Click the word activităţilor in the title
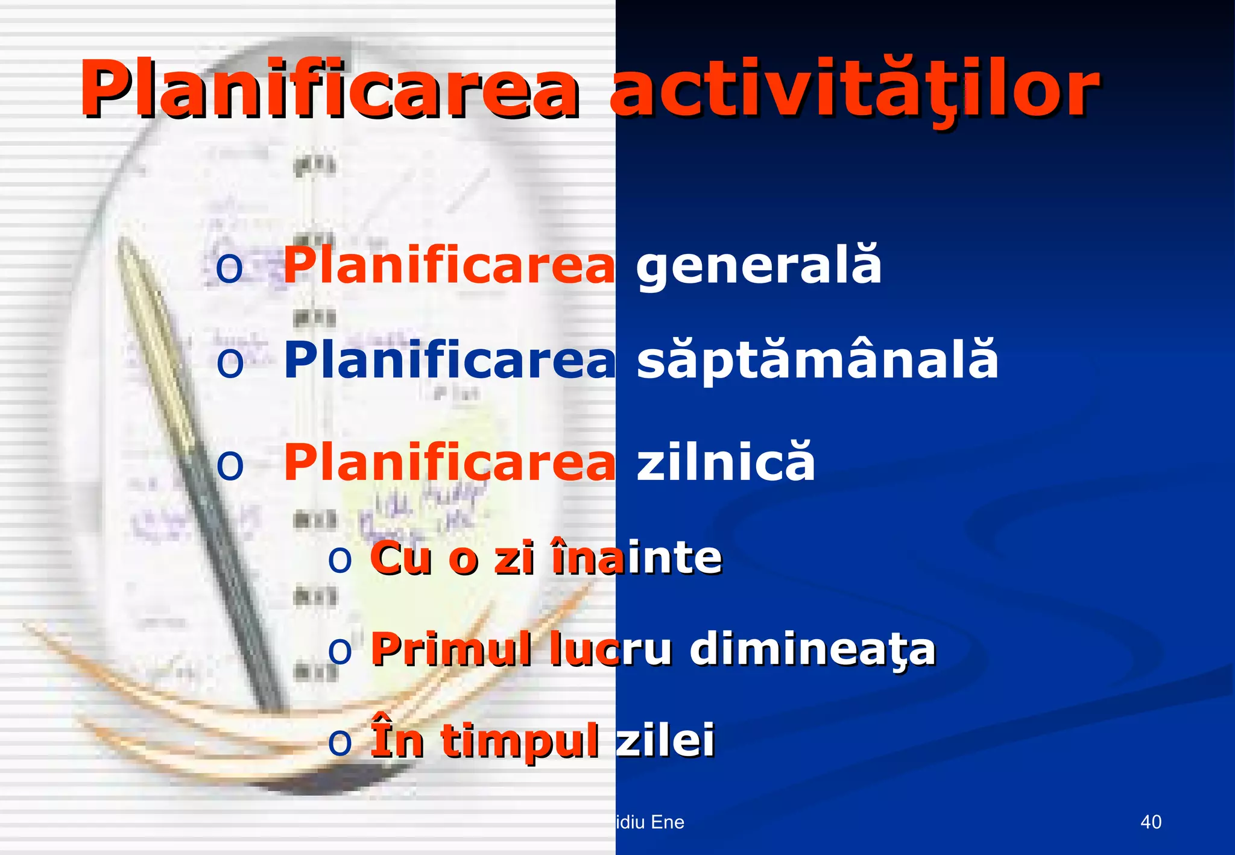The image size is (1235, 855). click(x=855, y=90)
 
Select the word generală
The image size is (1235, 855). click(x=759, y=265)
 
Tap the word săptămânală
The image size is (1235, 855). click(x=817, y=360)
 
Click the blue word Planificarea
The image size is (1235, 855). click(x=449, y=360)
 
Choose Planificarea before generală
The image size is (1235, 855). click(x=449, y=265)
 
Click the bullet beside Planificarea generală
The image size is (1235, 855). click(x=229, y=268)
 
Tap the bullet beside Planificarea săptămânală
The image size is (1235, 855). click(x=230, y=362)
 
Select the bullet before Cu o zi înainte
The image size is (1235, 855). click(x=340, y=560)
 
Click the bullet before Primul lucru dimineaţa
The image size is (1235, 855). click(x=340, y=651)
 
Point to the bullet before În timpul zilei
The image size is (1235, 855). click(x=340, y=743)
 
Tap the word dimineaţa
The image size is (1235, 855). click(x=812, y=649)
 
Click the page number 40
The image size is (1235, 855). click(x=1151, y=822)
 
